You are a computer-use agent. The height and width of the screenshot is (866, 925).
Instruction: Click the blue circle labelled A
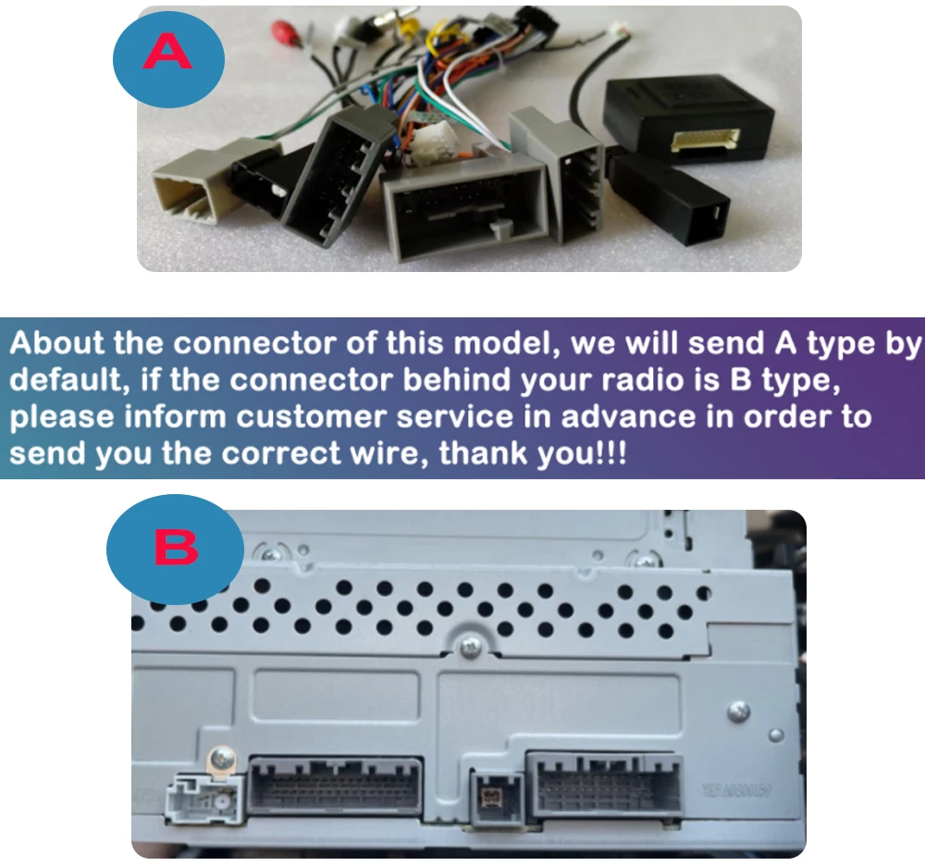tap(168, 56)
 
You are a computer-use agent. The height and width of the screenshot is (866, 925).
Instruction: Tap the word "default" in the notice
tap(64, 380)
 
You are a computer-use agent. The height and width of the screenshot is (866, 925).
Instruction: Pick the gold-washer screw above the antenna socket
tap(221, 757)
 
